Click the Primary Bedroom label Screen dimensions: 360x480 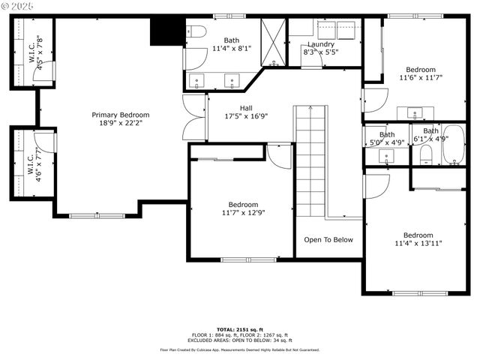121,115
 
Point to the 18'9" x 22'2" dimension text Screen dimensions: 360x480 121,123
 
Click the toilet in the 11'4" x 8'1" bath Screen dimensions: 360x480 196,32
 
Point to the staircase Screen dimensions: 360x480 309,160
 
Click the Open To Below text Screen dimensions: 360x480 328,240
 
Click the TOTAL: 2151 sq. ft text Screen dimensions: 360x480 239,329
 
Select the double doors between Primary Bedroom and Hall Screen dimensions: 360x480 195,118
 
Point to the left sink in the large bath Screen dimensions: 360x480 198,79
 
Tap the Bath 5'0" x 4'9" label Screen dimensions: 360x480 387,138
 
